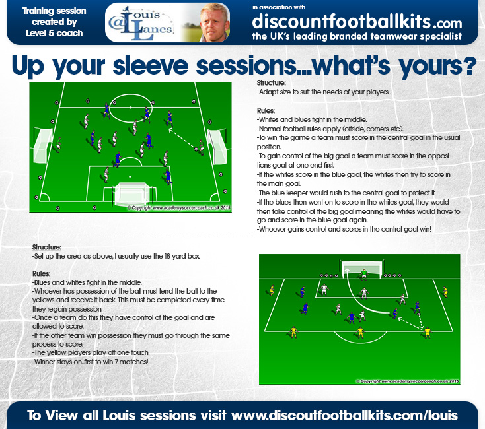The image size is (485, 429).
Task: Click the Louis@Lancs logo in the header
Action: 141,23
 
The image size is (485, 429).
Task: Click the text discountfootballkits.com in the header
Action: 357,22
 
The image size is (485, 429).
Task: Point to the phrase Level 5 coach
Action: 54,33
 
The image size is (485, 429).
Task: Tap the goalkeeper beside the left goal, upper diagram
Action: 58,145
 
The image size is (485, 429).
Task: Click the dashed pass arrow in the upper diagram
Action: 182,139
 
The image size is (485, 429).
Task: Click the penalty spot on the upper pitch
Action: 130,177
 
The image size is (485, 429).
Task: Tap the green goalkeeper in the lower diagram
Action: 364,274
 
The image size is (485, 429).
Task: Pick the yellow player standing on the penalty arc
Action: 360,333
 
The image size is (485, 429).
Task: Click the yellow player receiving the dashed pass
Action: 427,333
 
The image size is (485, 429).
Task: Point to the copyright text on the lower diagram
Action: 408,381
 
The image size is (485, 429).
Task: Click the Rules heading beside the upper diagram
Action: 266,111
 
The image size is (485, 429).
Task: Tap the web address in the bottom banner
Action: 344,416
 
